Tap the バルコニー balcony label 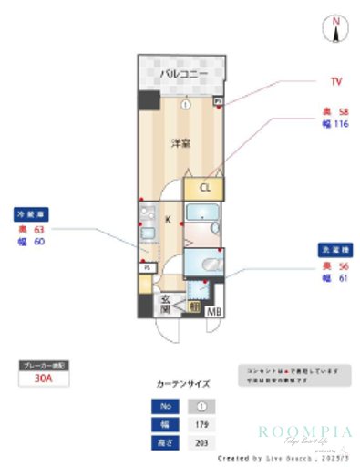(x=184, y=74)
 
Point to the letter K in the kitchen (x=168, y=219)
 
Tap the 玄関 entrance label (x=168, y=304)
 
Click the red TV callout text (x=335, y=81)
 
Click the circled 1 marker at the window (x=185, y=104)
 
